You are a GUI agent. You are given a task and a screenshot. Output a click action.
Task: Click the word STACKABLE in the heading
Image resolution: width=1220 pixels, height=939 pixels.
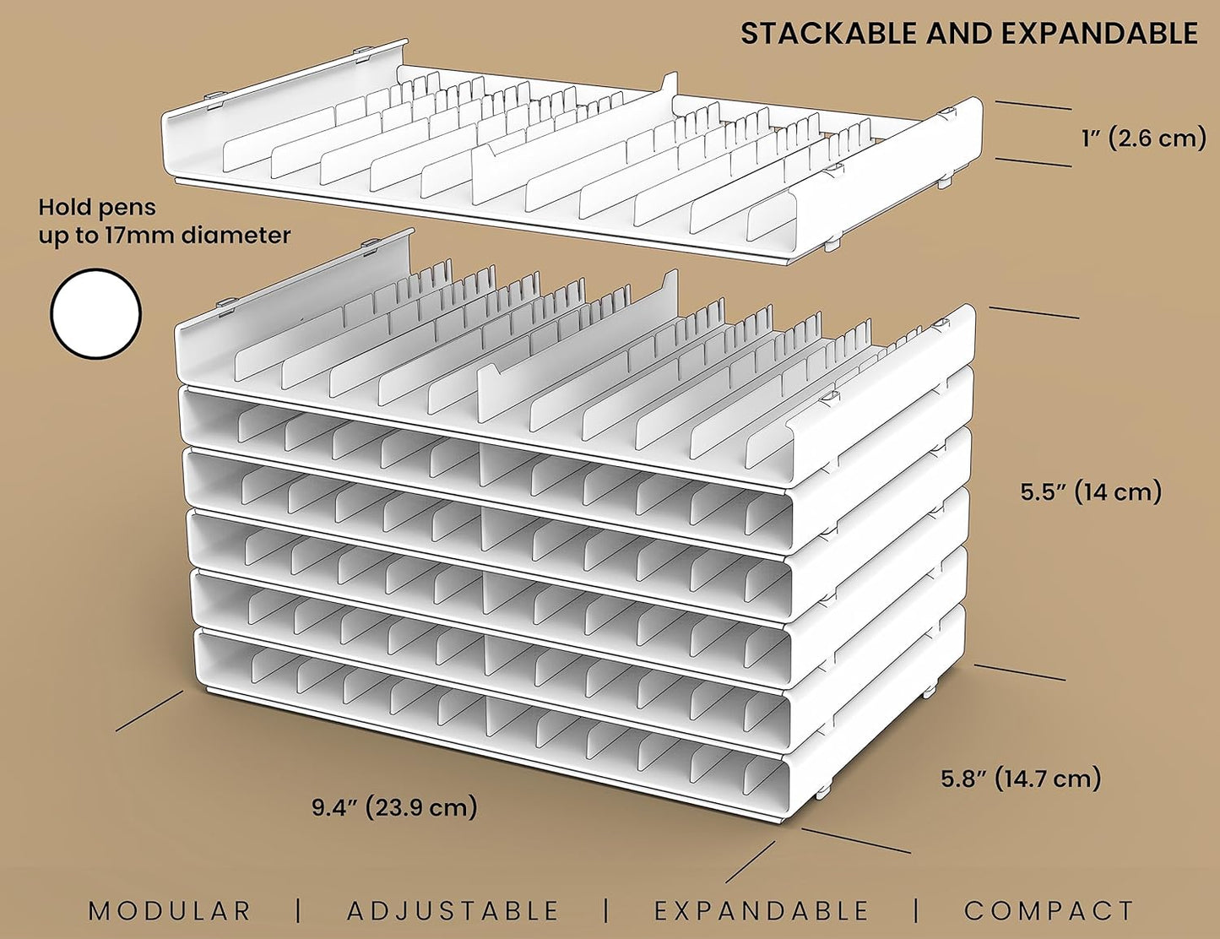tap(828, 34)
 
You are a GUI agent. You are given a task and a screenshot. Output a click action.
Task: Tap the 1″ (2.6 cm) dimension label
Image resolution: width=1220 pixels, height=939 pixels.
tap(1144, 138)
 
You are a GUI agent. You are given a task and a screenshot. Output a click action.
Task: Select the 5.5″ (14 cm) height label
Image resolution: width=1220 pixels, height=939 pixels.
tap(1091, 492)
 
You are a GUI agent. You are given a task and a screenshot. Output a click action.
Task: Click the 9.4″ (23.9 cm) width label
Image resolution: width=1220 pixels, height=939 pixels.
tap(394, 807)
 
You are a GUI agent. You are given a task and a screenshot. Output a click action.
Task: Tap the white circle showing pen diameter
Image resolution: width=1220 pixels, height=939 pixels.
tap(95, 313)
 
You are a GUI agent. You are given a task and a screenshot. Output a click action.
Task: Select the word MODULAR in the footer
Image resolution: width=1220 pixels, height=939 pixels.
tap(170, 910)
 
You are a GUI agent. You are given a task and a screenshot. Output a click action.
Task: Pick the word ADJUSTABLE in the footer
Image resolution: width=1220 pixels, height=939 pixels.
tap(453, 910)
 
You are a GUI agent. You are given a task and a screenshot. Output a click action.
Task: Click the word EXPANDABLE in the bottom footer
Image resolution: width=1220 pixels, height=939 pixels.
tap(762, 910)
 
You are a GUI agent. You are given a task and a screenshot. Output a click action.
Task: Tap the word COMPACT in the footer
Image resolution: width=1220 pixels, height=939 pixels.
tap(1049, 910)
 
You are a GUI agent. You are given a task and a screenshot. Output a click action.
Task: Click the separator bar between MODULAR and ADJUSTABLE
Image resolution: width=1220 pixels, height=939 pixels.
tap(299, 910)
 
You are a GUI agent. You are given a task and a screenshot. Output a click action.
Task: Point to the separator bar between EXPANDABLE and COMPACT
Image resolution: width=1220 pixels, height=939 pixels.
tap(917, 910)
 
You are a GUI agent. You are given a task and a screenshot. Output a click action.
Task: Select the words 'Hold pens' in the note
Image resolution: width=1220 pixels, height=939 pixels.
tap(97, 208)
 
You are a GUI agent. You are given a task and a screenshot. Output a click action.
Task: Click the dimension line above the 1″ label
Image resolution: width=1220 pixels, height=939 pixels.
tap(1033, 105)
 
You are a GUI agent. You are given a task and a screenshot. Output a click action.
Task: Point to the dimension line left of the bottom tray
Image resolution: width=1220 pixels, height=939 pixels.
tap(149, 710)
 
